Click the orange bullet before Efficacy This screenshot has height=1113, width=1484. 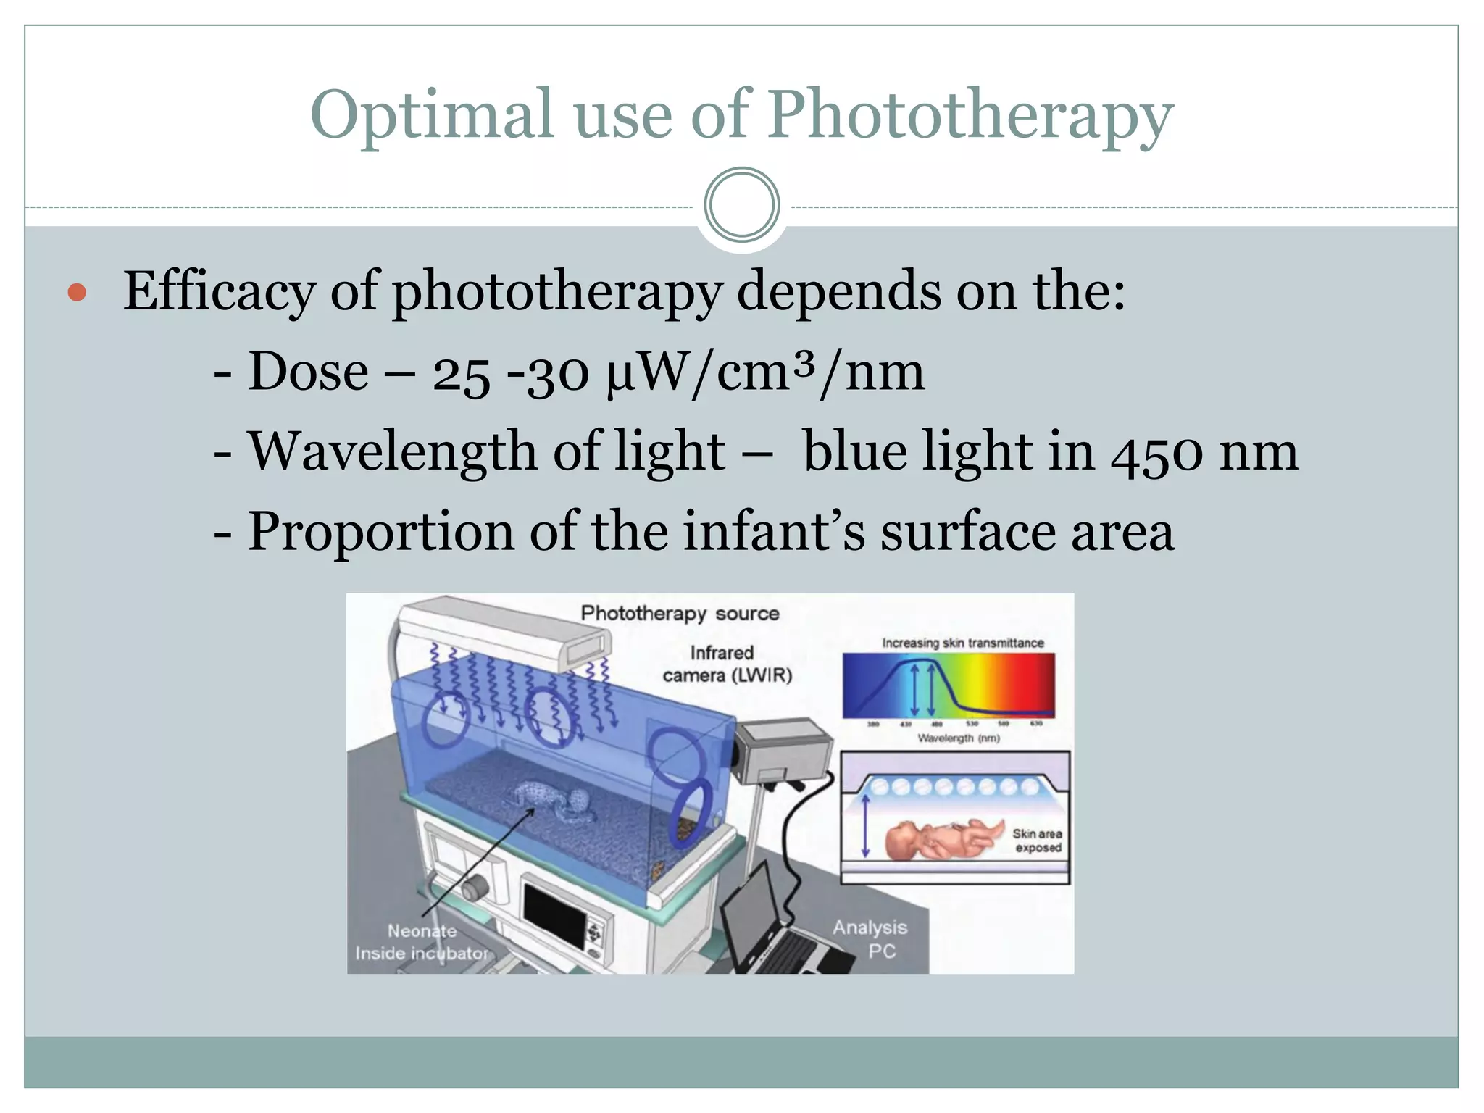pyautogui.click(x=77, y=293)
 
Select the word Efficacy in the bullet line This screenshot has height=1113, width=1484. pyautogui.click(x=219, y=291)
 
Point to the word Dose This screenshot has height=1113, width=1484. pyautogui.click(x=308, y=371)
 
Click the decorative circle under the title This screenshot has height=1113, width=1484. pyautogui.click(x=741, y=205)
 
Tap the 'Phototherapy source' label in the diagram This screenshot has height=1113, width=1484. pyautogui.click(x=680, y=614)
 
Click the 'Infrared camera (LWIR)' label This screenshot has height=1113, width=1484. pyautogui.click(x=727, y=664)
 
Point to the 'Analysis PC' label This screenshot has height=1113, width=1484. pyautogui.click(x=870, y=939)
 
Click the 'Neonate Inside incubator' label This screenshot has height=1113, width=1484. pyautogui.click(x=421, y=942)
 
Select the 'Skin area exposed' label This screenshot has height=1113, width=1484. pyautogui.click(x=1037, y=841)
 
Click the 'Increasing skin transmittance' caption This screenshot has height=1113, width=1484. pyautogui.click(x=962, y=643)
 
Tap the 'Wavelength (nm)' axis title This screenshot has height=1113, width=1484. pyautogui.click(x=958, y=738)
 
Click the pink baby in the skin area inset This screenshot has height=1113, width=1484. pyautogui.click(x=942, y=841)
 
